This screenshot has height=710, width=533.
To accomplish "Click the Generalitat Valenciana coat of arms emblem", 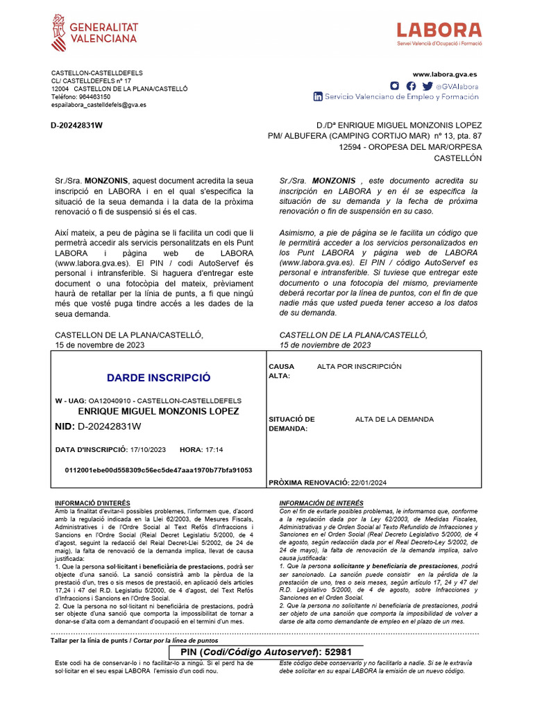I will (60, 33).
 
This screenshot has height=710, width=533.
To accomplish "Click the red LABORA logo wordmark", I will (439, 31).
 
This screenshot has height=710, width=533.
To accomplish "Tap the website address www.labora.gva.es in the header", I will (444, 74).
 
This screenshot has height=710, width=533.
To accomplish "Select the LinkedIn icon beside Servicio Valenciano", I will (318, 97).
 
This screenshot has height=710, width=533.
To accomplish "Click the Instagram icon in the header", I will (394, 86).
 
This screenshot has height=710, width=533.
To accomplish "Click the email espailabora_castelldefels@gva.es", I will (99, 105).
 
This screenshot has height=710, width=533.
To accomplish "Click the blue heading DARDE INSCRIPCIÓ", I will (158, 378).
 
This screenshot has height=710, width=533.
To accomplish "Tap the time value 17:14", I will (214, 450).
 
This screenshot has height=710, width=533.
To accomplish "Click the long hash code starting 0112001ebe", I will (158, 470).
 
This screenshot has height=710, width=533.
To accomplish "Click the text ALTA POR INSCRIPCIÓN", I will (359, 366).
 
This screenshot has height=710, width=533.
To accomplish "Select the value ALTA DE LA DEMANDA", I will (394, 419).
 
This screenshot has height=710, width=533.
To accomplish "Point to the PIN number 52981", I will (339, 652).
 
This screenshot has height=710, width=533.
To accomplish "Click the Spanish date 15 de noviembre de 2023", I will (325, 345).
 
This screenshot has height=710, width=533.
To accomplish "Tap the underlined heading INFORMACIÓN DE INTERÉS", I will (321, 503).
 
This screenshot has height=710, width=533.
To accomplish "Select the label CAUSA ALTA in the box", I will (281, 371).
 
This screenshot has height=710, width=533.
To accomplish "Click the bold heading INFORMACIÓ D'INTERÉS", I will (92, 503).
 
